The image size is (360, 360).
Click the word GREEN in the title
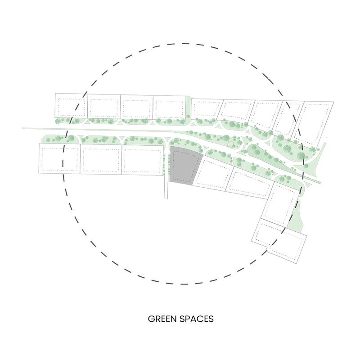click(x=162, y=319)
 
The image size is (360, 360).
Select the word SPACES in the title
click(x=197, y=319)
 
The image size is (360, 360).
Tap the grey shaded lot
click(x=184, y=166)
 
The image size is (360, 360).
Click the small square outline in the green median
click(x=230, y=144)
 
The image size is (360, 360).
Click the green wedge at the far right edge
click(x=315, y=161)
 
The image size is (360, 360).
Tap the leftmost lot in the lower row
click(x=59, y=158)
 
